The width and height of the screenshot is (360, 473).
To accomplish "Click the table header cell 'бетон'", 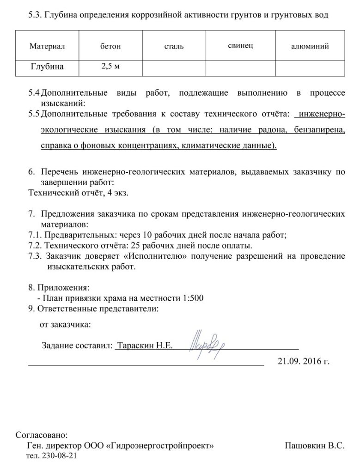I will click(110, 46).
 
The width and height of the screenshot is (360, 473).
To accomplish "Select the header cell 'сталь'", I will click(174, 46).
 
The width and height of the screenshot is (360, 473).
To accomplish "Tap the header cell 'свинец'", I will click(240, 45).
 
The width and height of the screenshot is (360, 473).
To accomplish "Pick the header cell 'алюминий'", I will click(310, 46).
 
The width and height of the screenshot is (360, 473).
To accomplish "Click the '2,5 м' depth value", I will click(110, 67).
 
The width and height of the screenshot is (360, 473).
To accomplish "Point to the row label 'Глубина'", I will click(48, 67).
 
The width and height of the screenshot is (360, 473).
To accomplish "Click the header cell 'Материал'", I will click(48, 46).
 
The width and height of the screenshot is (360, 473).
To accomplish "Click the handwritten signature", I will click(207, 341).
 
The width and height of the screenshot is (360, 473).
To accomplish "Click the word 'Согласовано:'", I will click(42, 435).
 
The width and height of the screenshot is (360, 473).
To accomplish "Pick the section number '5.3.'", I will click(36, 16).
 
